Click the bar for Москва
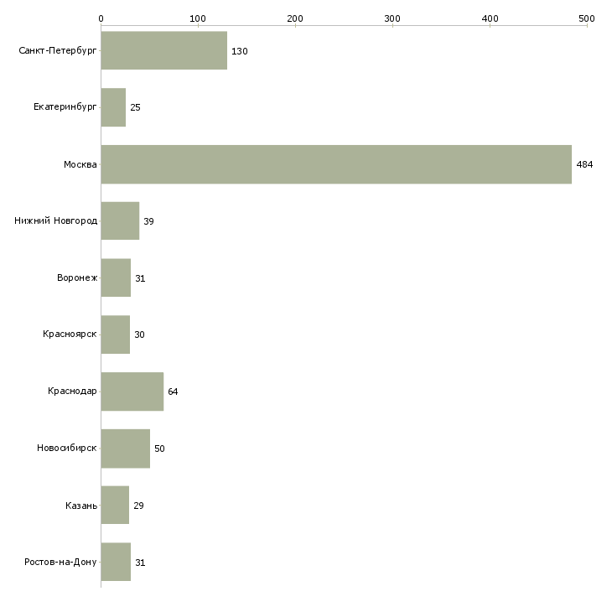pyautogui.click(x=335, y=164)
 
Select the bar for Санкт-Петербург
pyautogui.click(x=163, y=51)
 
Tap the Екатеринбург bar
pyautogui.click(x=113, y=108)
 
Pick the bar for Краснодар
pyautogui.click(x=132, y=392)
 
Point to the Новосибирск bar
pyautogui.click(x=125, y=449)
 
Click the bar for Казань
pyautogui.click(x=115, y=506)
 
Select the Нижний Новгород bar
pyautogui.click(x=120, y=221)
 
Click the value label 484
pyautogui.click(x=584, y=164)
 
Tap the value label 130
pyautogui.click(x=240, y=51)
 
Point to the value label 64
pyautogui.click(x=173, y=392)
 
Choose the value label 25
pyautogui.click(x=135, y=108)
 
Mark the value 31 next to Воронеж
pyautogui.click(x=140, y=278)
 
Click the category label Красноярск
pyautogui.click(x=70, y=335)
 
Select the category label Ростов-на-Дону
pyautogui.click(x=61, y=562)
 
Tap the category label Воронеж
pyautogui.click(x=76, y=278)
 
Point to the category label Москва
pyautogui.click(x=80, y=164)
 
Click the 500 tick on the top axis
pyautogui.click(x=586, y=18)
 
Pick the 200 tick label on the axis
pyautogui.click(x=295, y=18)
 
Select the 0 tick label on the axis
pyautogui.click(x=101, y=18)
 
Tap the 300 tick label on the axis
pyautogui.click(x=392, y=18)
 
